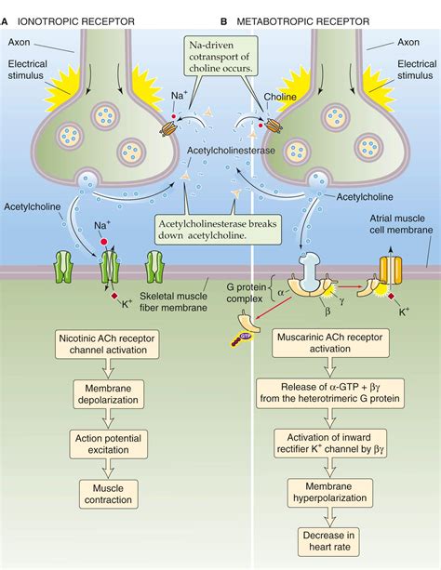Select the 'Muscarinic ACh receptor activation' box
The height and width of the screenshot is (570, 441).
coord(327,345)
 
